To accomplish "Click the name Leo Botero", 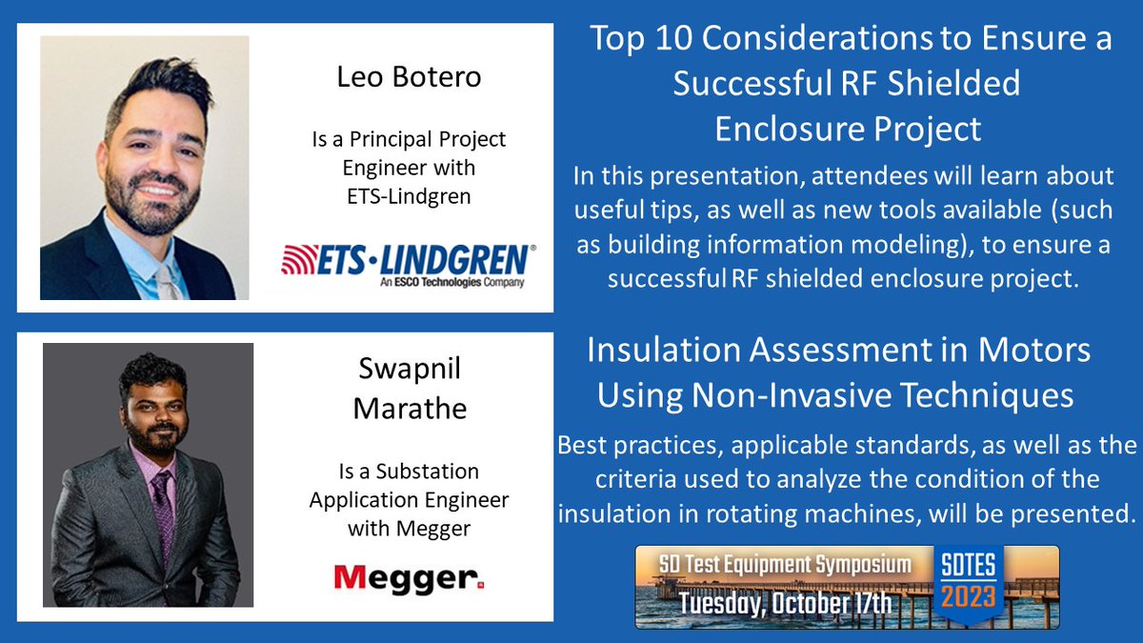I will (409, 77).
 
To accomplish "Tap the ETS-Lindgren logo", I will (408, 259).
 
